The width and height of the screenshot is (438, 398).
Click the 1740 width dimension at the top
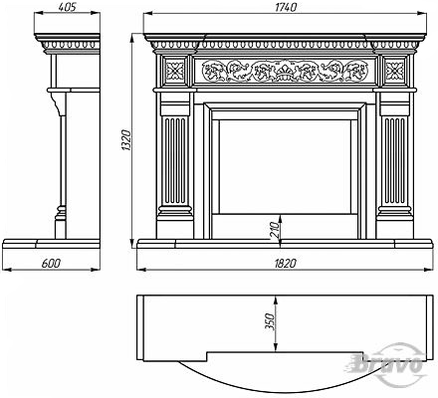pyautogui.click(x=286, y=7)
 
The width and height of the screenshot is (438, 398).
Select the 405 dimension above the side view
pyautogui.click(x=68, y=7)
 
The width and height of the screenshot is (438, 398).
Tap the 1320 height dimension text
pyautogui.click(x=127, y=140)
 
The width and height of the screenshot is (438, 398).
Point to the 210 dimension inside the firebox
pyautogui.click(x=275, y=231)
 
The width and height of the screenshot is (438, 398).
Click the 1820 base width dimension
pyautogui.click(x=286, y=264)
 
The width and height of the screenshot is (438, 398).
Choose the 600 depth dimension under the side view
pyautogui.click(x=52, y=264)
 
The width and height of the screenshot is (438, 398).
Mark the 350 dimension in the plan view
pyautogui.click(x=271, y=321)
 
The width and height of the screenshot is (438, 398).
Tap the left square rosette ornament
pyautogui.click(x=175, y=70)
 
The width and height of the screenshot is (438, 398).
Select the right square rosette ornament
pyautogui.click(x=394, y=70)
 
